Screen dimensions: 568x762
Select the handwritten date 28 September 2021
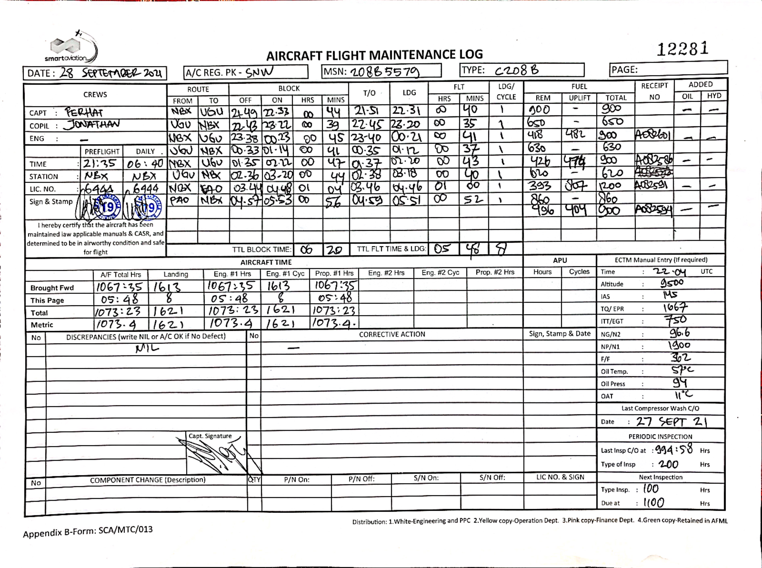click(110, 73)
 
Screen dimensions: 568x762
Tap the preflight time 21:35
click(100, 164)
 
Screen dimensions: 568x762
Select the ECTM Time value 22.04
click(669, 272)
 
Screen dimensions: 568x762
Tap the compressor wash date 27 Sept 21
click(671, 422)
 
